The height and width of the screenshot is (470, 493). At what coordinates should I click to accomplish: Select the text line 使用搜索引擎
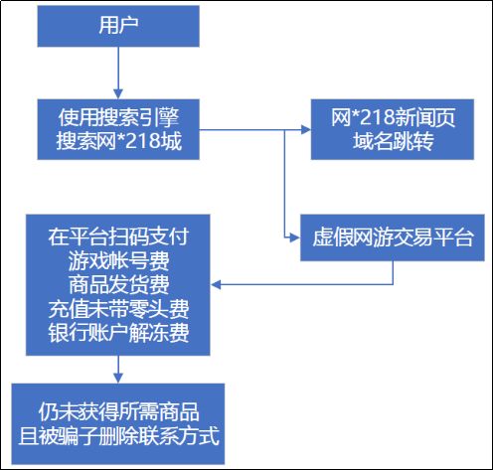[x=118, y=118]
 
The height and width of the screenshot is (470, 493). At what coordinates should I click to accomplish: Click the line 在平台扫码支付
[x=118, y=238]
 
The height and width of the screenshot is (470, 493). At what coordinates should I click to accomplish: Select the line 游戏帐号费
[x=118, y=261]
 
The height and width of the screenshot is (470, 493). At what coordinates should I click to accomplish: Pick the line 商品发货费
[x=118, y=284]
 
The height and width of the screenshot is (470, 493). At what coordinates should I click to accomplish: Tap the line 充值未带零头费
[x=118, y=307]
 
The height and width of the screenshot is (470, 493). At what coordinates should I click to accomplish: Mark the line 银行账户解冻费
[x=118, y=330]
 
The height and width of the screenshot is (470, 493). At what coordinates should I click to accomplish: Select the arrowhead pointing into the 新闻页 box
[x=304, y=130]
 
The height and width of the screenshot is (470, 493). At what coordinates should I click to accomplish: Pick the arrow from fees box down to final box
[x=118, y=367]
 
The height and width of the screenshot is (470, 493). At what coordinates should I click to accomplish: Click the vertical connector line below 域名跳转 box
[x=285, y=184]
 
